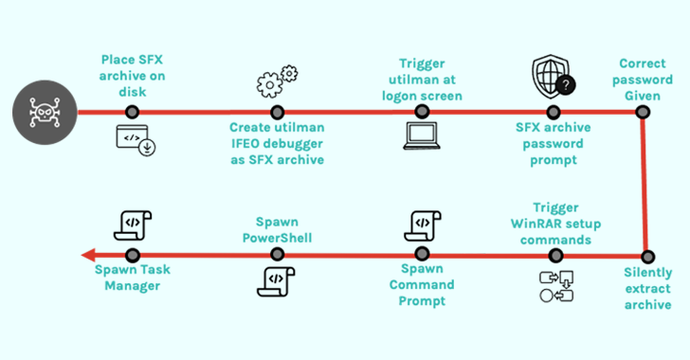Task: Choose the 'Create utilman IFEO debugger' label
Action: click(277, 142)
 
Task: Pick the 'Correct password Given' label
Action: click(643, 76)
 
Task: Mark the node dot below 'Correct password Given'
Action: click(643, 112)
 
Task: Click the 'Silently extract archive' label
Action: click(648, 288)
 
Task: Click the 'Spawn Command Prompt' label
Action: click(422, 285)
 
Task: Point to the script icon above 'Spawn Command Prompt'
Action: click(421, 225)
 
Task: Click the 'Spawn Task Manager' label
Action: click(133, 278)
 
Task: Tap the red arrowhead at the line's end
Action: click(87, 255)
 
